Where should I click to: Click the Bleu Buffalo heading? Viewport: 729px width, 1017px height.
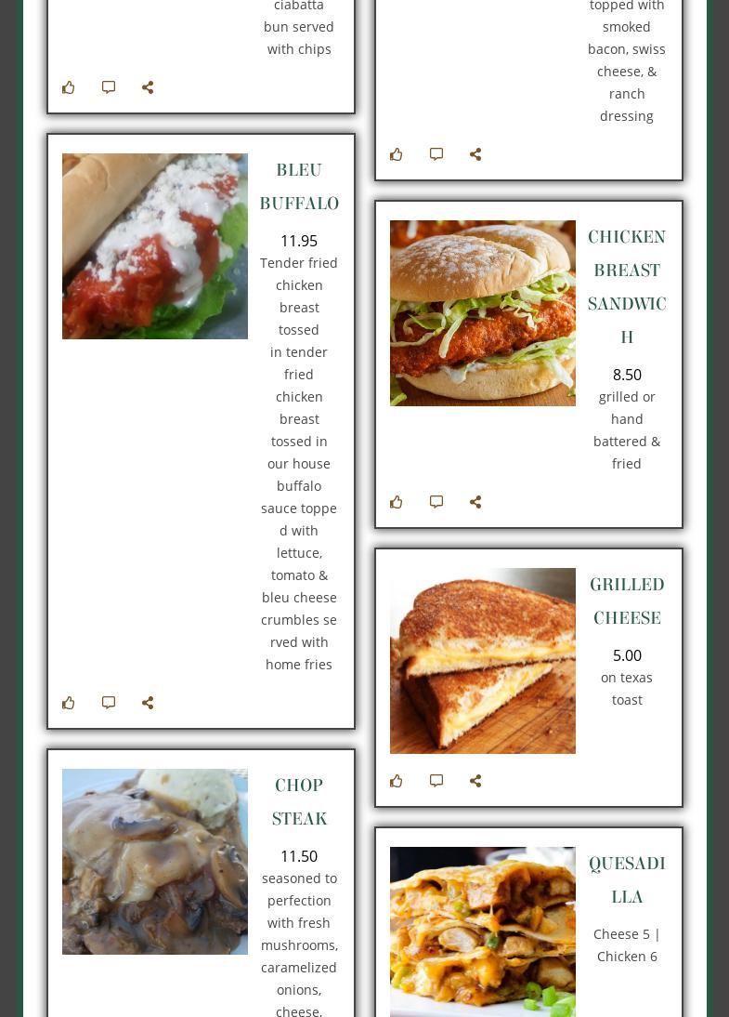[299, 186]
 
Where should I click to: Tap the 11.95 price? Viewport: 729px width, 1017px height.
[299, 241]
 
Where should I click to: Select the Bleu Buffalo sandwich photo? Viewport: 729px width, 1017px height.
[155, 245]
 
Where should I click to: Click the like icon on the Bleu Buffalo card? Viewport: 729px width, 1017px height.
[69, 703]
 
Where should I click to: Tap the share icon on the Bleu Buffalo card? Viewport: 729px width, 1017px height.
[148, 703]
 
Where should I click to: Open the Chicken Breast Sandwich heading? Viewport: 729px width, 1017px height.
[627, 286]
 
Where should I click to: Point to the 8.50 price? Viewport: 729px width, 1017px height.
[627, 375]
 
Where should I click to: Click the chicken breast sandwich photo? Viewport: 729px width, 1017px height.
[483, 313]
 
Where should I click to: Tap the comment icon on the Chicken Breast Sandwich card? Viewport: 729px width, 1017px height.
[436, 501]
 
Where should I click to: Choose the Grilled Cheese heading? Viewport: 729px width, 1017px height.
[627, 601]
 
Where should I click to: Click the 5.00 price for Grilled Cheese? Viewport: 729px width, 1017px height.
[627, 655]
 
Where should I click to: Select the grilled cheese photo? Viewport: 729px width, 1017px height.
[483, 661]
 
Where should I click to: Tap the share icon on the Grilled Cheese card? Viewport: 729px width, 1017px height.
[475, 780]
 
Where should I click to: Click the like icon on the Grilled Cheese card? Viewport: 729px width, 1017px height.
[397, 780]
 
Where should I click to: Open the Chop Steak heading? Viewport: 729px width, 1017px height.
[299, 801]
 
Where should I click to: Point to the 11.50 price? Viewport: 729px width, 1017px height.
[299, 856]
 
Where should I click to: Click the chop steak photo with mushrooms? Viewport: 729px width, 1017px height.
[155, 862]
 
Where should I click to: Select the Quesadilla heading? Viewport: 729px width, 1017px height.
[627, 879]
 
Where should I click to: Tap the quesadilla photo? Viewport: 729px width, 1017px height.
[483, 931]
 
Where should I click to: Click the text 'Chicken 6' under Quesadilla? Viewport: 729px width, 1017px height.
[627, 957]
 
